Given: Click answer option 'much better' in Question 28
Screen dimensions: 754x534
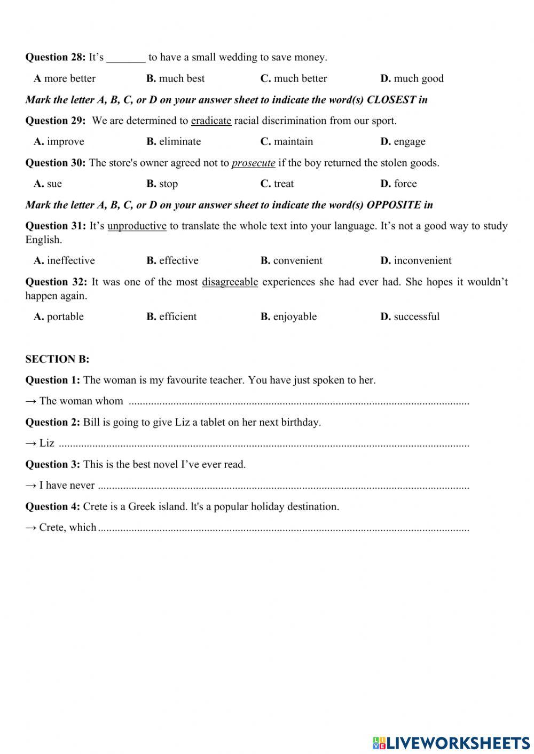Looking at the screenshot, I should [x=300, y=78].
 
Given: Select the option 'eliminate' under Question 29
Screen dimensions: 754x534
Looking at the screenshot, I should [x=179, y=141].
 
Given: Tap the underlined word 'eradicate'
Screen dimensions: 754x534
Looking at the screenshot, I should [x=211, y=121].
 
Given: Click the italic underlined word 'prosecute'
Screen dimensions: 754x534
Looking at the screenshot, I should [x=253, y=163].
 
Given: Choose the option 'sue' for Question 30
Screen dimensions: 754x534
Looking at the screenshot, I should [x=54, y=184].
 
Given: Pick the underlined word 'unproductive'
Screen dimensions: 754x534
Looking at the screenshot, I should [x=137, y=226].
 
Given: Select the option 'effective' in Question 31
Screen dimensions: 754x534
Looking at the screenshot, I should [x=178, y=260].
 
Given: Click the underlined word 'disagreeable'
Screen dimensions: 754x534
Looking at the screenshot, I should [x=230, y=282].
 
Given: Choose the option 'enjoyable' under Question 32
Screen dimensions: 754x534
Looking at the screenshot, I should [x=294, y=316].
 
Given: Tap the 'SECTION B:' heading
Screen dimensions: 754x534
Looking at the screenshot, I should [x=57, y=359].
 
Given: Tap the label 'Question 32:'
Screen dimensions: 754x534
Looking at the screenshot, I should [x=55, y=282].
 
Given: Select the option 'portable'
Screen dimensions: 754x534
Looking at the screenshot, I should [x=65, y=316].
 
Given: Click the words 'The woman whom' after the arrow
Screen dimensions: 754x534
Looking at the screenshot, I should [x=81, y=401].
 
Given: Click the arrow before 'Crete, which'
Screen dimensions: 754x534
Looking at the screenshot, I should [x=31, y=527].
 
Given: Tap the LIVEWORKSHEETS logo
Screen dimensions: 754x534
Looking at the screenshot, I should [x=451, y=742].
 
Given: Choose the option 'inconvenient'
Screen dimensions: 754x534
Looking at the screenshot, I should [x=422, y=260].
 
